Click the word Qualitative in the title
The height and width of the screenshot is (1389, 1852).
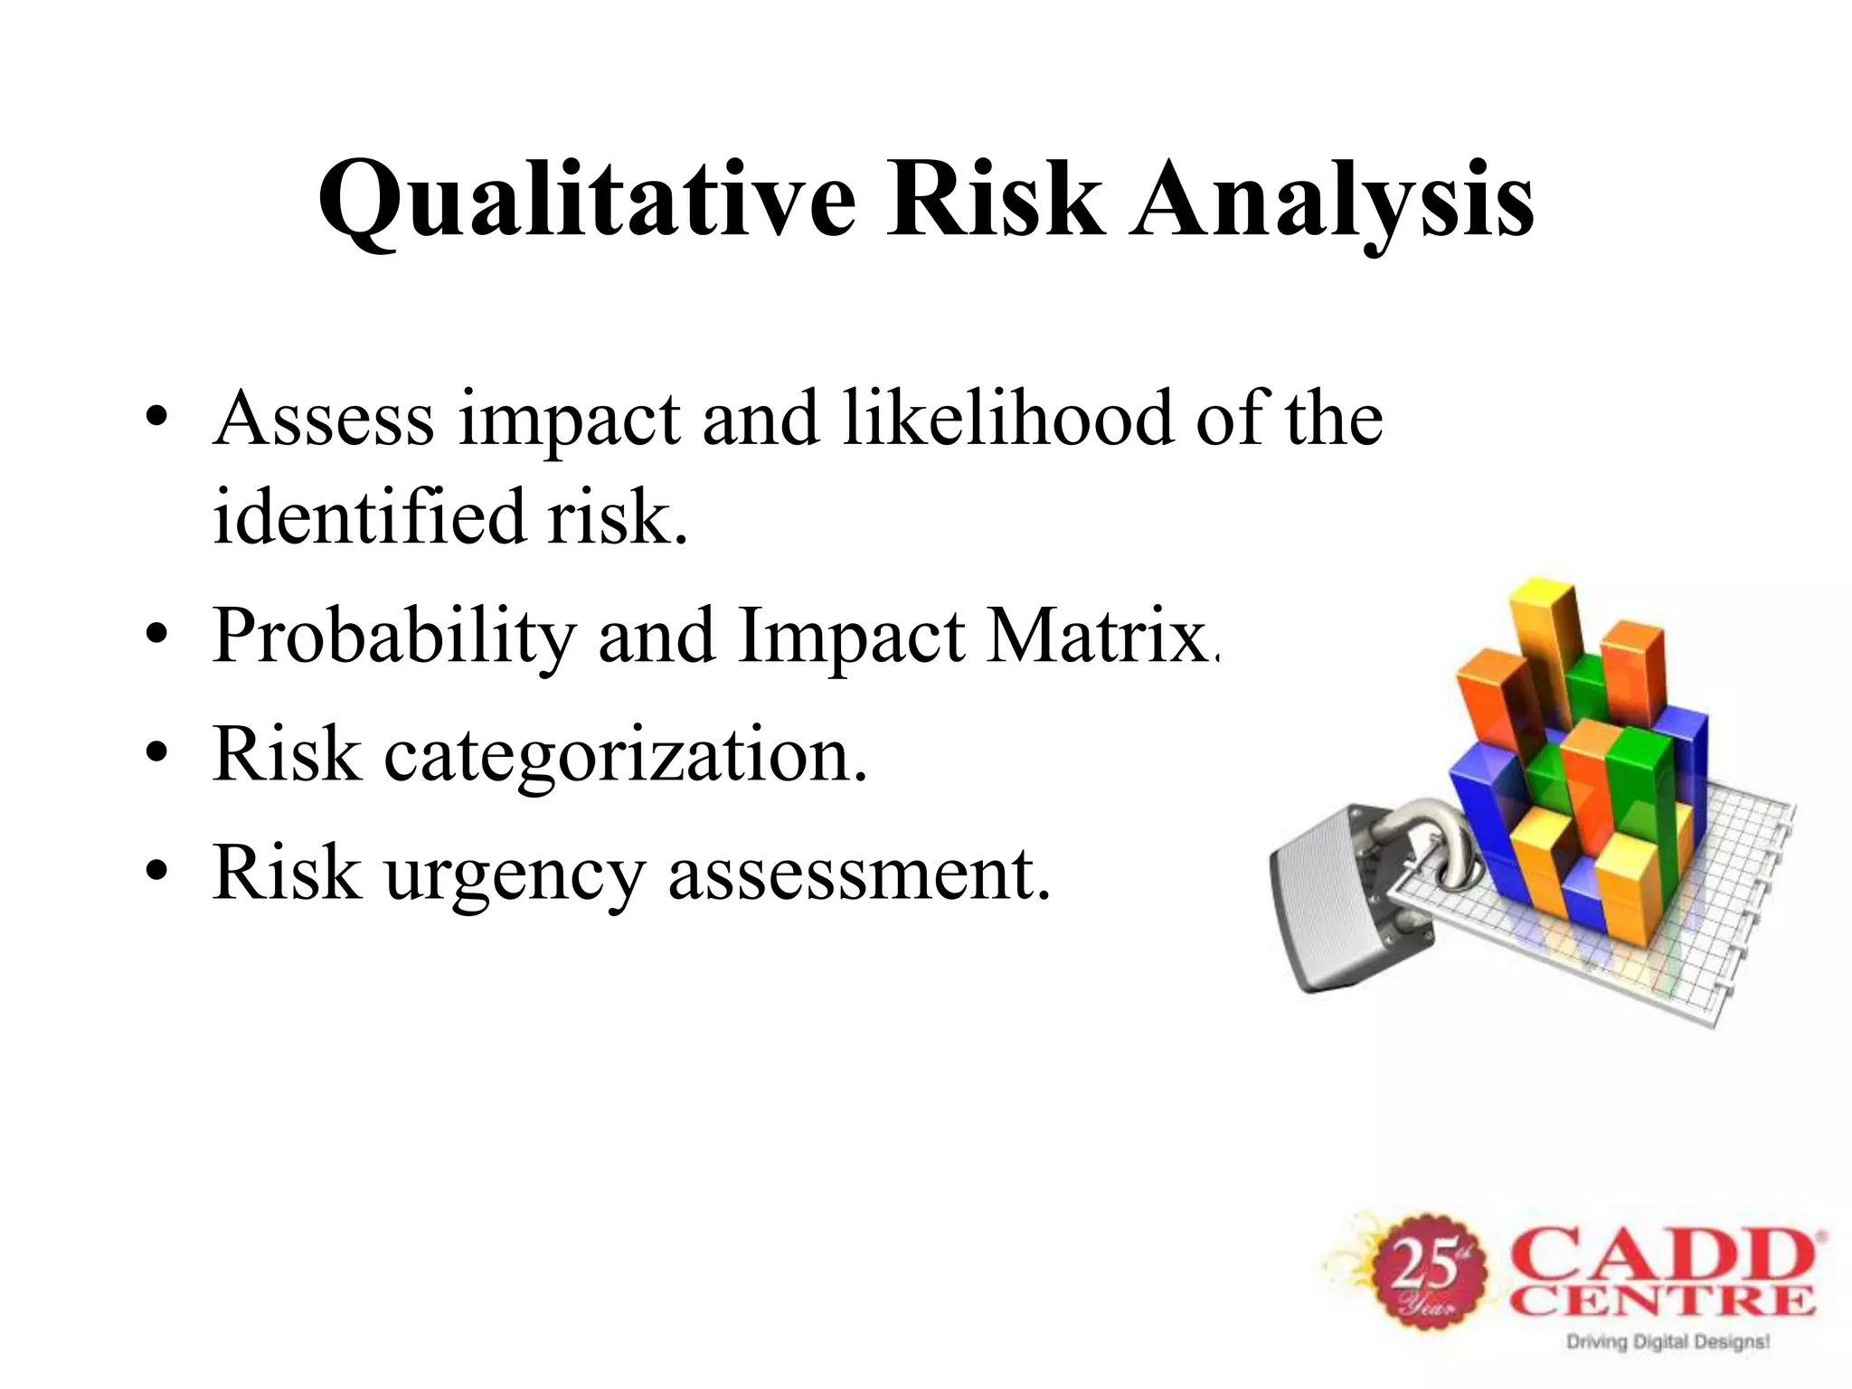pyautogui.click(x=586, y=201)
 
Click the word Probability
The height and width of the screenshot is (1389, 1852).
pyautogui.click(x=393, y=638)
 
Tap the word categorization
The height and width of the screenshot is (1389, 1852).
pyautogui.click(x=624, y=756)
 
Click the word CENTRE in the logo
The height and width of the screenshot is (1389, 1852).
pyautogui.click(x=1664, y=1302)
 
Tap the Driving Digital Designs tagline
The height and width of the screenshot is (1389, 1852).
pyautogui.click(x=1667, y=1342)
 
